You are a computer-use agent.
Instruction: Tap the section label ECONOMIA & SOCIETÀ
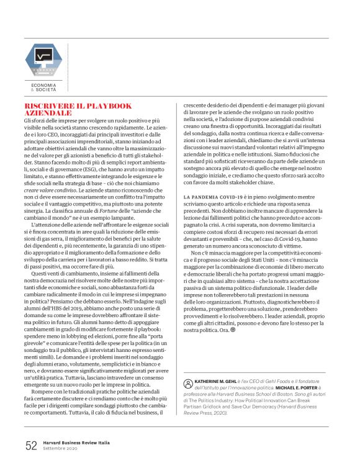(43, 87)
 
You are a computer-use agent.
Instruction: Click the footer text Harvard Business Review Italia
(76, 443)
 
